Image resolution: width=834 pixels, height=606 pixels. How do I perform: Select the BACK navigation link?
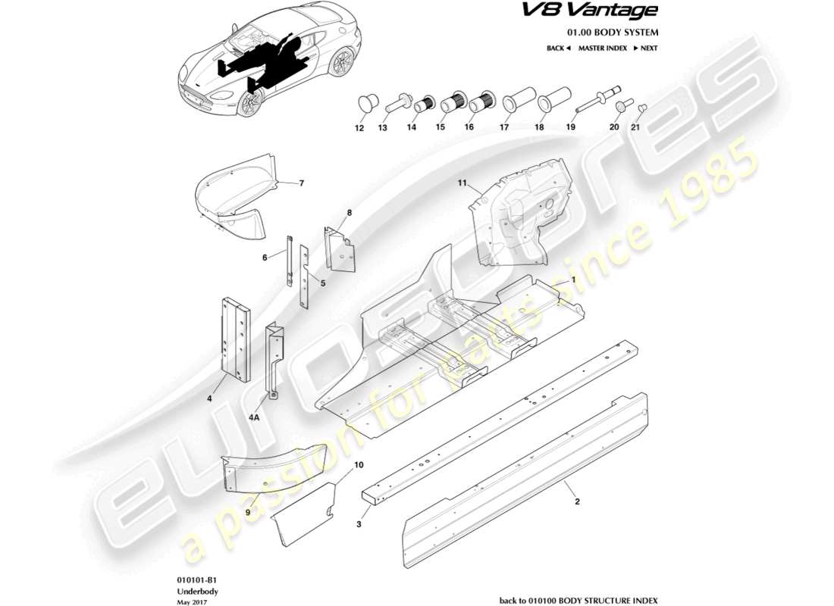[558, 48]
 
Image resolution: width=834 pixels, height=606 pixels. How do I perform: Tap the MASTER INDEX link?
[602, 48]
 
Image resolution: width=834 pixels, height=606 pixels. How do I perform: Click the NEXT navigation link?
[646, 48]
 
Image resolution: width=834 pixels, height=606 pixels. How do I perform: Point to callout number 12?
[359, 128]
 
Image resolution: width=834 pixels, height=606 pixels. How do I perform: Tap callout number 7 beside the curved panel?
[301, 183]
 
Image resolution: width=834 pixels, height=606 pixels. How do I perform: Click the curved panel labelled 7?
[231, 197]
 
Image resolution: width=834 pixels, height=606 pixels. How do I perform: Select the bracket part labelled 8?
[339, 246]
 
